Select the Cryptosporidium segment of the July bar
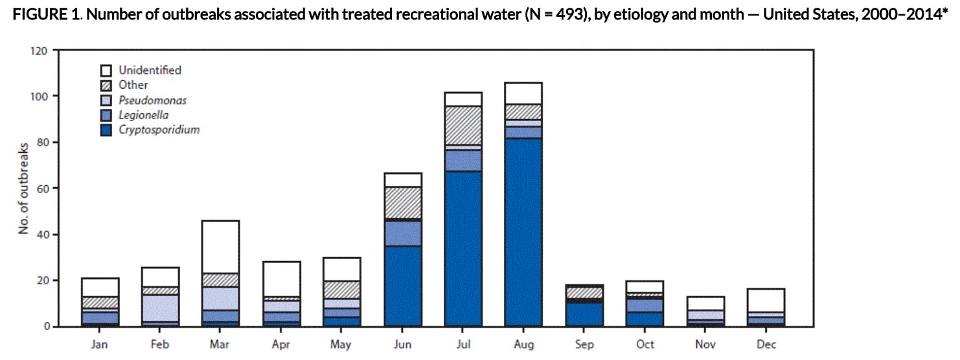point(463,249)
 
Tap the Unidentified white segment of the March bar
point(221,247)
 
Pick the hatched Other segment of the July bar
point(463,126)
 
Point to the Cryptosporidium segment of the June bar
point(403,286)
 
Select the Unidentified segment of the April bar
point(281,279)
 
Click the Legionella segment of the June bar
point(403,234)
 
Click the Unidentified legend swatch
point(106,70)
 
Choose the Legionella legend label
point(143,115)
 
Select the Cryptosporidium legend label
point(159,129)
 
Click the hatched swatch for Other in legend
point(106,85)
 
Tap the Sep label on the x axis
point(584,345)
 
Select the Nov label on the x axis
point(705,345)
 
